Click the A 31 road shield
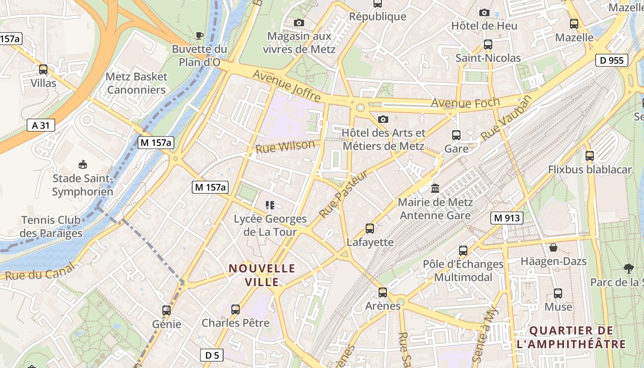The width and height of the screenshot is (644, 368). (40, 125)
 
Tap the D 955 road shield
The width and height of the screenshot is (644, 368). (612, 60)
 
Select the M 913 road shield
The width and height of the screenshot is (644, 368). (507, 218)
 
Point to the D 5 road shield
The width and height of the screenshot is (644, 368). (212, 355)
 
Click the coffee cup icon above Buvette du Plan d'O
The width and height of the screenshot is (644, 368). (199, 35)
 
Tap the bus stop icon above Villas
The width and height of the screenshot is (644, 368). (43, 69)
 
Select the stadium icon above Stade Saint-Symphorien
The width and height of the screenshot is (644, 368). (83, 164)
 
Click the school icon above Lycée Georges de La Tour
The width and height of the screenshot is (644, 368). (270, 205)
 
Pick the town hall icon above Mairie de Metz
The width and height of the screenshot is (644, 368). (435, 188)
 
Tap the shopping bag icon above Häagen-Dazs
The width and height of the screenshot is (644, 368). (553, 247)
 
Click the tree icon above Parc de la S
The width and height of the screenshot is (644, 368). (628, 268)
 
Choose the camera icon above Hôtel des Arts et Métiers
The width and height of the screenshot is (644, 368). (383, 119)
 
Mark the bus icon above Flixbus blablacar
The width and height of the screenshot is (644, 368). (590, 155)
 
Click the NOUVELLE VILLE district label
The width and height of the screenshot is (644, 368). (262, 275)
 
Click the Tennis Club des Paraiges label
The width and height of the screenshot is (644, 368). (51, 227)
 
